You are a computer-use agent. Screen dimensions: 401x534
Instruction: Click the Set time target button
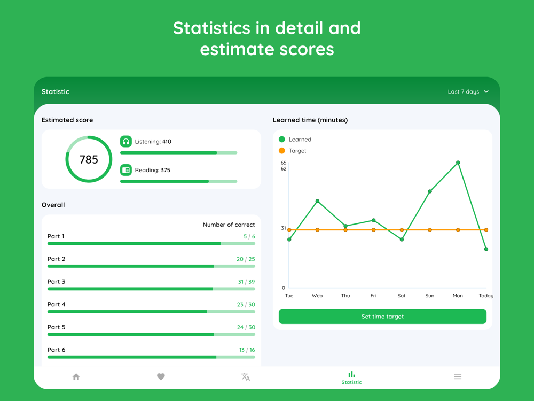coord(382,317)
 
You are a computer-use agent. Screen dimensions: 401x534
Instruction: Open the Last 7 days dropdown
coord(468,92)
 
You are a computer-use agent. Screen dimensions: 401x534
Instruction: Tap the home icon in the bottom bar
coord(76,377)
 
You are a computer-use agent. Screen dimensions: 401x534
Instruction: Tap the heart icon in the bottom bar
coord(161,377)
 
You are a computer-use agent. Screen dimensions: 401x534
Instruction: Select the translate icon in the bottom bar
coord(246,377)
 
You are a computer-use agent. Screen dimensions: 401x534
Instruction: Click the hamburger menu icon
coord(458,377)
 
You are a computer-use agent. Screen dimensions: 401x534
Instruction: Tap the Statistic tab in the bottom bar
coord(351,377)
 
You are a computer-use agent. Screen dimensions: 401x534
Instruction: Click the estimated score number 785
coord(89,159)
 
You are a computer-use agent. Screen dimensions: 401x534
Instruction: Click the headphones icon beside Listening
coord(126,142)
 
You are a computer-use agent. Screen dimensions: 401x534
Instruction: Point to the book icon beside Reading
coord(126,170)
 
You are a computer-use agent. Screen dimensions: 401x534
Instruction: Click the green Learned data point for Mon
coord(458,163)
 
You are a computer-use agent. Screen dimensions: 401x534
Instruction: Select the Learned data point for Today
coord(486,249)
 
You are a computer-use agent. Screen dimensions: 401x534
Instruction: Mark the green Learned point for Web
coord(318,202)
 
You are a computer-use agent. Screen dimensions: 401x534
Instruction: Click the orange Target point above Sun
coord(430,230)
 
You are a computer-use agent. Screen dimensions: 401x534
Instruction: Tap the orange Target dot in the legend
coord(282,151)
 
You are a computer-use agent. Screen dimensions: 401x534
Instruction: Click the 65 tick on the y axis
coord(284,163)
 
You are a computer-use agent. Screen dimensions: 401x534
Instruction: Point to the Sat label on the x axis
coord(402,296)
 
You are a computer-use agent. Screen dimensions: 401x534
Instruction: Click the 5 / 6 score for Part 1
coord(249,236)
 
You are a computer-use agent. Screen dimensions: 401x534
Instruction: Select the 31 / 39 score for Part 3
coord(246,282)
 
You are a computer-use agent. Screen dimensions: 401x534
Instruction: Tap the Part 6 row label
coord(57,350)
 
